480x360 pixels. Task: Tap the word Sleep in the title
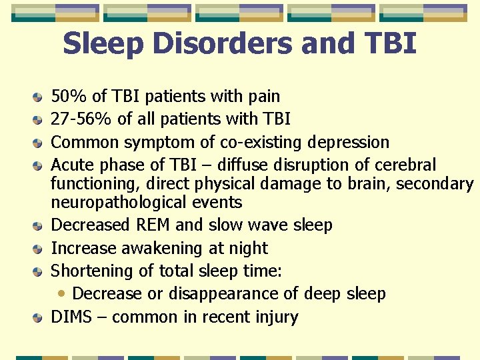click(x=103, y=44)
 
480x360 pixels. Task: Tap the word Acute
click(x=71, y=165)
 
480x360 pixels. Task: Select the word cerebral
click(x=405, y=165)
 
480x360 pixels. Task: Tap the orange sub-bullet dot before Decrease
click(x=62, y=293)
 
